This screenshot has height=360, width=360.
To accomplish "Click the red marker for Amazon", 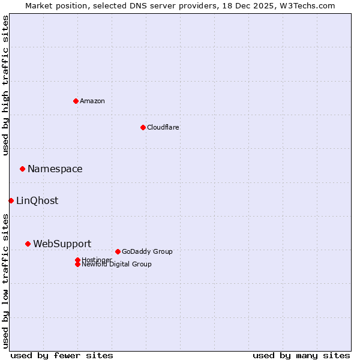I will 76,101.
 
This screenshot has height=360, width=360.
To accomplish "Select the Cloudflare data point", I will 143,127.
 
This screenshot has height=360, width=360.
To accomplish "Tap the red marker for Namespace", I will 22,169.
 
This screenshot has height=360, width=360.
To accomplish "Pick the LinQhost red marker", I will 11,200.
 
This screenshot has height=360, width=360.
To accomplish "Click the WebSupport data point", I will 28,244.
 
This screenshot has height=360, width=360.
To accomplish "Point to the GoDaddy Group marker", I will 118,251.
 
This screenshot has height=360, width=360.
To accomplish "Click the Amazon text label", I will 92,101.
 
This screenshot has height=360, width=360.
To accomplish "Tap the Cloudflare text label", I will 163,127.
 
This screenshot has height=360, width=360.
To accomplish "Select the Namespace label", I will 55,169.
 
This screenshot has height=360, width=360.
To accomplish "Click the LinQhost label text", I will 37,200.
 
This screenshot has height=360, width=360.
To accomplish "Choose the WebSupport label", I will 62,244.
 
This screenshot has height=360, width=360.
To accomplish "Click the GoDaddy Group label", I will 147,251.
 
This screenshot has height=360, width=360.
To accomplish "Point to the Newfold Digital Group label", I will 116,264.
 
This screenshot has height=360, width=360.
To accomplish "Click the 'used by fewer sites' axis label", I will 62,355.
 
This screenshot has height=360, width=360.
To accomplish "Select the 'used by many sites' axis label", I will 301,355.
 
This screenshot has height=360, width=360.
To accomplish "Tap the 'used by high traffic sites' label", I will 5,85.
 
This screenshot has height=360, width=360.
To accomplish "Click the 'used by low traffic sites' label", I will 5,280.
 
